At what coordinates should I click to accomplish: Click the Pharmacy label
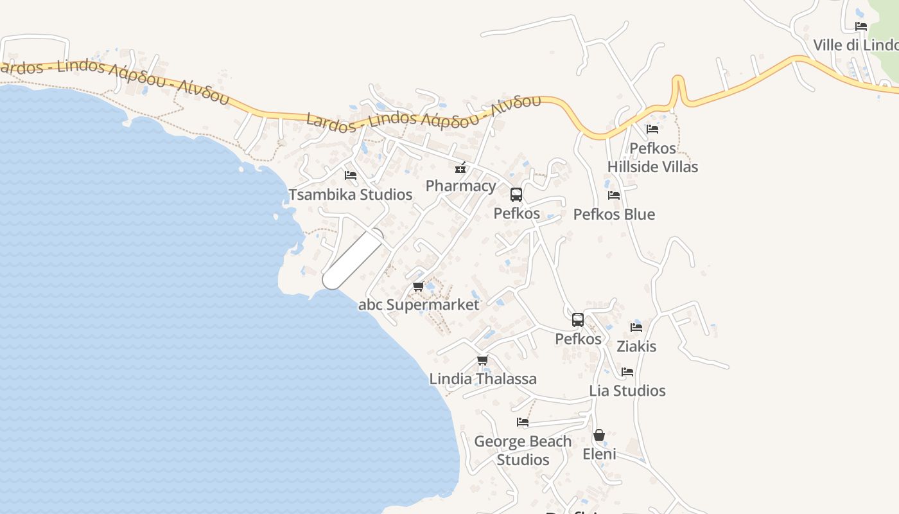[x=460, y=186]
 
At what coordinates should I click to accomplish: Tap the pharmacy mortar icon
[x=460, y=168]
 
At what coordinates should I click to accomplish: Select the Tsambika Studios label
[x=350, y=195]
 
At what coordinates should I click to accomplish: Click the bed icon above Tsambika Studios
[x=351, y=175]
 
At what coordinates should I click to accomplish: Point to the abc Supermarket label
[x=419, y=305]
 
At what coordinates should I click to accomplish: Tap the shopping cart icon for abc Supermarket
[x=418, y=287]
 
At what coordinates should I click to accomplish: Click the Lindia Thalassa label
[x=483, y=379]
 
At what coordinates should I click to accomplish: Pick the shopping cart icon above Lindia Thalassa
[x=482, y=360]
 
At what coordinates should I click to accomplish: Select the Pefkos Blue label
[x=614, y=215]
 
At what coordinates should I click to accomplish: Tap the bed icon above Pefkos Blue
[x=614, y=195]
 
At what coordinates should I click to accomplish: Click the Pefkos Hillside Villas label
[x=652, y=157]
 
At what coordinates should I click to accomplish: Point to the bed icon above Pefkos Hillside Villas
[x=652, y=129]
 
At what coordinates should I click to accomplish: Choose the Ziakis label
[x=636, y=347]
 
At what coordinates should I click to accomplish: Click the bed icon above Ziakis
[x=636, y=327]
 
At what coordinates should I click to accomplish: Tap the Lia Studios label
[x=627, y=391]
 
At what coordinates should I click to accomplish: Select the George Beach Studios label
[x=523, y=450]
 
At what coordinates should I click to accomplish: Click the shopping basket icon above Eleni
[x=599, y=436]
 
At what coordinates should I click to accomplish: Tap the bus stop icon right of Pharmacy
[x=516, y=195]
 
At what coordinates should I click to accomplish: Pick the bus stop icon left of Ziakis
[x=578, y=320]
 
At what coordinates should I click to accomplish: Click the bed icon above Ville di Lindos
[x=861, y=26]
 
